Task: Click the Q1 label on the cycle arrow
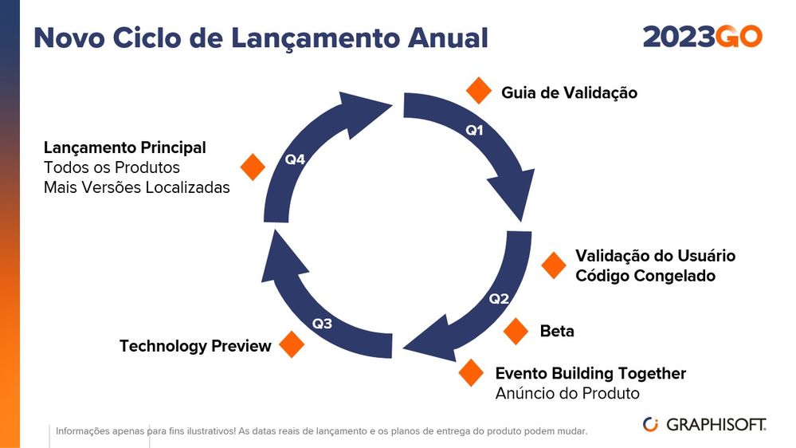coord(475,131)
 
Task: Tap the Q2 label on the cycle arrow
coord(499,299)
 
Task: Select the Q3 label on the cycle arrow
coord(322,324)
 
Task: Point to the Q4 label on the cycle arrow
coord(295,159)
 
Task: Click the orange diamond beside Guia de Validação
coord(479,91)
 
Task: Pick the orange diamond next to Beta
coord(516,331)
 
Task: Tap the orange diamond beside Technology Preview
coord(292,344)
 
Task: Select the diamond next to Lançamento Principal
coord(253,167)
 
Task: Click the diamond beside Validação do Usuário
coord(553,265)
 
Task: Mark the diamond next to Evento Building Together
coord(472,372)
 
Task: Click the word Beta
coord(557,331)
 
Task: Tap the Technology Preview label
coord(195,346)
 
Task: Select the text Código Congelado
coord(645,276)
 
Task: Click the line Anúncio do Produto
coord(567,393)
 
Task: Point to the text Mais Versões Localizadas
coord(136,187)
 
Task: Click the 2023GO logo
coord(702,37)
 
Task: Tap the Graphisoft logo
coord(704,424)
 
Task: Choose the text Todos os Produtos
coord(112,167)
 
